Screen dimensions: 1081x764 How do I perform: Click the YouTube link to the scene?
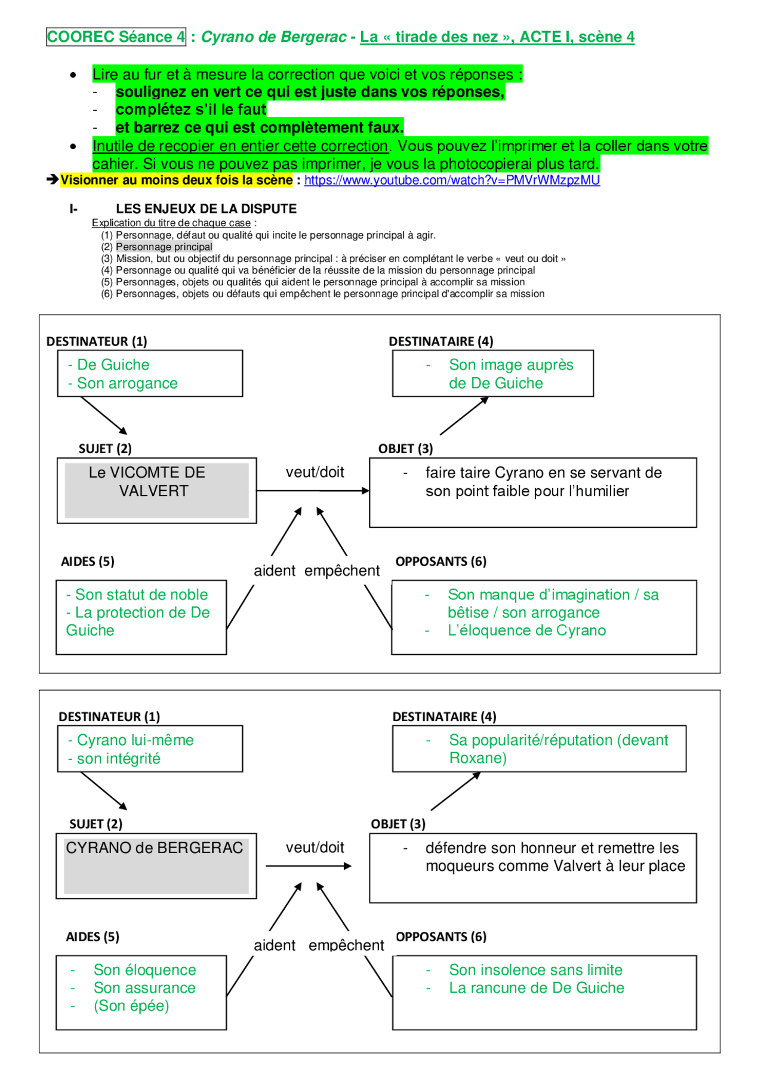(452, 180)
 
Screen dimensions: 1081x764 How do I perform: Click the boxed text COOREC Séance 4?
(116, 37)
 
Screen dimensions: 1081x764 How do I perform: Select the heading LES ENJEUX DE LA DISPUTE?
(206, 209)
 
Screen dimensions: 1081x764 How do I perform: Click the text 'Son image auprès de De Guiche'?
(510, 374)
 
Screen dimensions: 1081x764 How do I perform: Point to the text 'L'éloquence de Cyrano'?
(526, 630)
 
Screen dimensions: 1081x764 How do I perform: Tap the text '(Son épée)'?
(131, 1006)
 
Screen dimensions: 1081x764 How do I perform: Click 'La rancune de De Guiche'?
(536, 988)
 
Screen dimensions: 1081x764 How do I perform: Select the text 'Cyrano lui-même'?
(135, 740)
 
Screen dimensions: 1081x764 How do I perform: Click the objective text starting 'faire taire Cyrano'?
(543, 482)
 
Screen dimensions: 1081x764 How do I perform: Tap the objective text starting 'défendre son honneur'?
(554, 857)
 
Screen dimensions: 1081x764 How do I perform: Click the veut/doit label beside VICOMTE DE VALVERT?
(315, 472)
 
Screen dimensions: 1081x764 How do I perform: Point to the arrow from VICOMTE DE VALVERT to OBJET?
(313, 491)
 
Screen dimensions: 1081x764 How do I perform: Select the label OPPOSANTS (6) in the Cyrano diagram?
(441, 937)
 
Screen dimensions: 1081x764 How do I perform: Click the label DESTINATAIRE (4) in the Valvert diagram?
(440, 341)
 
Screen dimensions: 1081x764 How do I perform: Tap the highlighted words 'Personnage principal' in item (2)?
(164, 247)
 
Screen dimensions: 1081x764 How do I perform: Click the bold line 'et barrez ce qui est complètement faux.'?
(260, 127)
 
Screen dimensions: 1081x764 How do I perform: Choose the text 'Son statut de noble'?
(141, 595)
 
